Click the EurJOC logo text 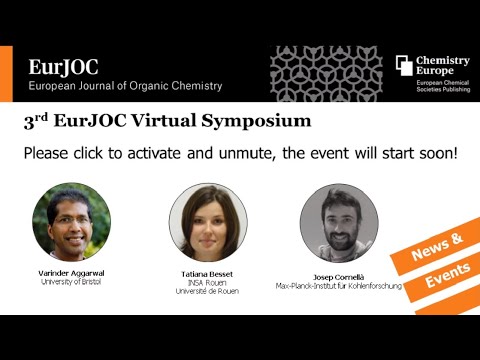click(63, 67)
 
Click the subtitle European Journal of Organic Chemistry click(125, 86)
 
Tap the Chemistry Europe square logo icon click(404, 65)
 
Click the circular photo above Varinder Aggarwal click(71, 221)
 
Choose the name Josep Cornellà click(338, 277)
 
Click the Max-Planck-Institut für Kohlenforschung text click(338, 286)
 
